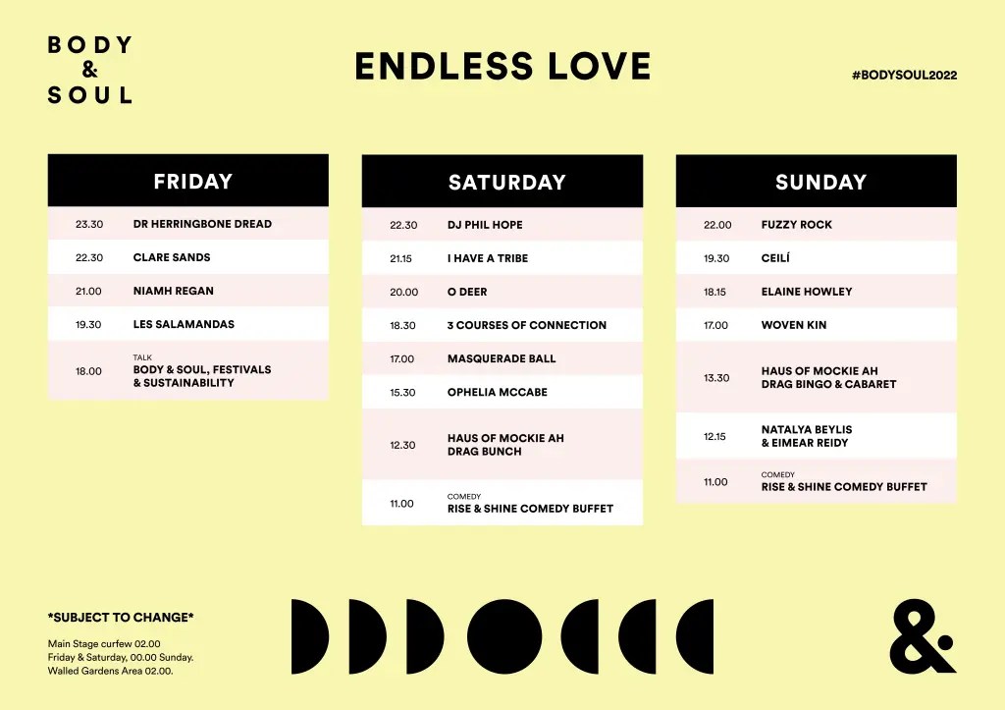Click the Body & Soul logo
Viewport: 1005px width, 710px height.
click(x=90, y=70)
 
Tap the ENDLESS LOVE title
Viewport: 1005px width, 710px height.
click(x=503, y=67)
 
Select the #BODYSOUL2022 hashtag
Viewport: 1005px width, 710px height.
click(x=904, y=75)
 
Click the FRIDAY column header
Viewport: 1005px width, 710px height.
click(x=193, y=182)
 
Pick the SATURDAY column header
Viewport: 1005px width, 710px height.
click(x=507, y=182)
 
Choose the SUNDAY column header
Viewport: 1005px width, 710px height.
click(x=821, y=182)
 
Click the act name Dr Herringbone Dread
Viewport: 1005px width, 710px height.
click(x=202, y=224)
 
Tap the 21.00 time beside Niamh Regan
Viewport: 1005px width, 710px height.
click(x=88, y=292)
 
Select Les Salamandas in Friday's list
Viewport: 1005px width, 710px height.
click(x=184, y=324)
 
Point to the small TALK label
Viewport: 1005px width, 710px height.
click(x=142, y=357)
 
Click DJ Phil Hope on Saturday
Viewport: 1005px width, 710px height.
click(x=485, y=225)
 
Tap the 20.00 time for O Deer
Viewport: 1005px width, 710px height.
click(x=403, y=293)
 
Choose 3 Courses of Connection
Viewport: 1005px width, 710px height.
click(x=527, y=325)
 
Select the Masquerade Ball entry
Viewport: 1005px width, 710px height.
click(x=502, y=358)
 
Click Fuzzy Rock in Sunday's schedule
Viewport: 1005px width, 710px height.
click(x=797, y=225)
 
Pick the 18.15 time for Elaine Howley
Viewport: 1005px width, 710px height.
click(x=714, y=292)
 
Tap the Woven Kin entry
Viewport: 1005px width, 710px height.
click(x=794, y=325)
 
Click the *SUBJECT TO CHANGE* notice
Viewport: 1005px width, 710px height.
click(x=121, y=618)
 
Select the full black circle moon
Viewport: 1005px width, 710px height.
click(x=504, y=637)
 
